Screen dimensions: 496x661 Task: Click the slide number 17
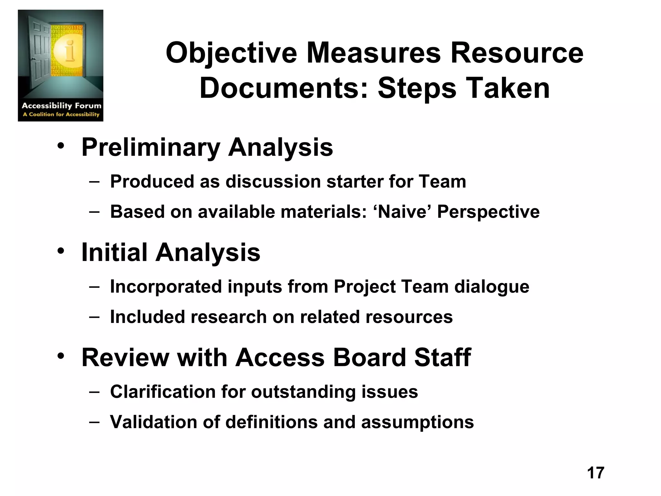595,473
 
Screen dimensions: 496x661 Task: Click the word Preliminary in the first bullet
151,148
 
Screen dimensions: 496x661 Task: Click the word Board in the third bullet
369,357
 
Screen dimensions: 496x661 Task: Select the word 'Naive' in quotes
402,212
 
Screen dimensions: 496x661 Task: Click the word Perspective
488,212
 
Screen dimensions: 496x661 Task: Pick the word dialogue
492,287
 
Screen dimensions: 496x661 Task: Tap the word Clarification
163,392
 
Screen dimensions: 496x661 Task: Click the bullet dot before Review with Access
61,356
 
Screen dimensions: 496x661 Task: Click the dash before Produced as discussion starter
94,181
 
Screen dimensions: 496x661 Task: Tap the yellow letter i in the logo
69,52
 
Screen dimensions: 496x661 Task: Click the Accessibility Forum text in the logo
61,106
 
